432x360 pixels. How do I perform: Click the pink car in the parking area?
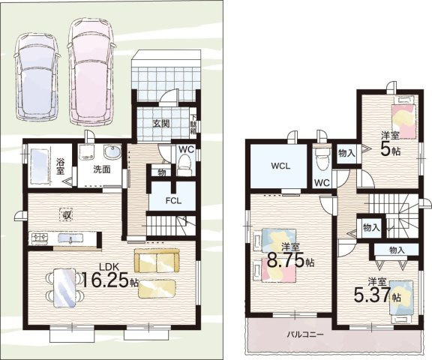pos(91,71)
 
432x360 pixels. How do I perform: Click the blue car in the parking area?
pos(37,76)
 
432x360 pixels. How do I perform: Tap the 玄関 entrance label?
pos(161,124)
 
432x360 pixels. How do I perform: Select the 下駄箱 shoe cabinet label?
pos(193,124)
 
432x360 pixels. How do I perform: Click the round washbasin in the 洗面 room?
pos(112,152)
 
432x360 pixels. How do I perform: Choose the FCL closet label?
pos(173,200)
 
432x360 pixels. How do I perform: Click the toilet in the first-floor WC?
pos(184,164)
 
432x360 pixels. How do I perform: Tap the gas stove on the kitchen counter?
pos(40,238)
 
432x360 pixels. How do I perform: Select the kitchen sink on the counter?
pos(70,238)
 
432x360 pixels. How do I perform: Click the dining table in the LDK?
pos(64,288)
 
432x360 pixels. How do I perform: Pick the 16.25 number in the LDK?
pos(106,280)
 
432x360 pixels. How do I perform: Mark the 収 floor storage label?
pos(66,214)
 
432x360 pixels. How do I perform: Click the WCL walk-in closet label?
pos(280,166)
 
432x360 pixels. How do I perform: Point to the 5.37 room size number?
pos(372,294)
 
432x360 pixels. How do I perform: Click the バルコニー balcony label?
pos(305,334)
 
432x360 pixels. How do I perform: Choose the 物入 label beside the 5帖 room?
pos(346,154)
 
